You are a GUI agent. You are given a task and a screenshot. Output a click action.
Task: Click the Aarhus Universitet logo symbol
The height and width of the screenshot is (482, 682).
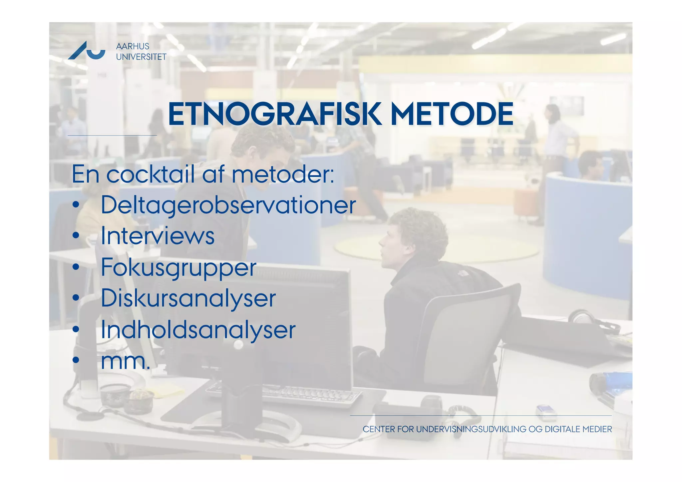87,51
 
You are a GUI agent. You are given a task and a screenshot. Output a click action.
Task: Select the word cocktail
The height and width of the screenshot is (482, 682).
150,174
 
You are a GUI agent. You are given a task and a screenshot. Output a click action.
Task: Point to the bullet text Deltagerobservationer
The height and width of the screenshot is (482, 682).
228,205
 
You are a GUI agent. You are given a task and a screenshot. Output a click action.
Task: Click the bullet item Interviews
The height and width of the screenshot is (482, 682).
158,236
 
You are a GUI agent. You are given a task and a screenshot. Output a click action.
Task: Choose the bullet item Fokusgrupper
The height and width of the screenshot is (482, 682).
178,267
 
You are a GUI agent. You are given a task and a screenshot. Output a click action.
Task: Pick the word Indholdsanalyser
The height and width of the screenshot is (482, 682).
198,329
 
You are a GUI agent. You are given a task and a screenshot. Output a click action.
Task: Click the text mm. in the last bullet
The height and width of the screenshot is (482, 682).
125,361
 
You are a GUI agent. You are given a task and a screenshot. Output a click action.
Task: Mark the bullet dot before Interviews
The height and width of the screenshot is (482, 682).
76,236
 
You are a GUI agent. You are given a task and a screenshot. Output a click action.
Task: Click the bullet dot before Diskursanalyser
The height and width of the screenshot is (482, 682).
76,298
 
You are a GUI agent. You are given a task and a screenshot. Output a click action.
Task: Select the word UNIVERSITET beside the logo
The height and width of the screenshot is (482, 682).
141,57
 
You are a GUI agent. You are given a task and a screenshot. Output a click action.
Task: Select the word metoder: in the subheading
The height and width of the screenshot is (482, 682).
283,174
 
